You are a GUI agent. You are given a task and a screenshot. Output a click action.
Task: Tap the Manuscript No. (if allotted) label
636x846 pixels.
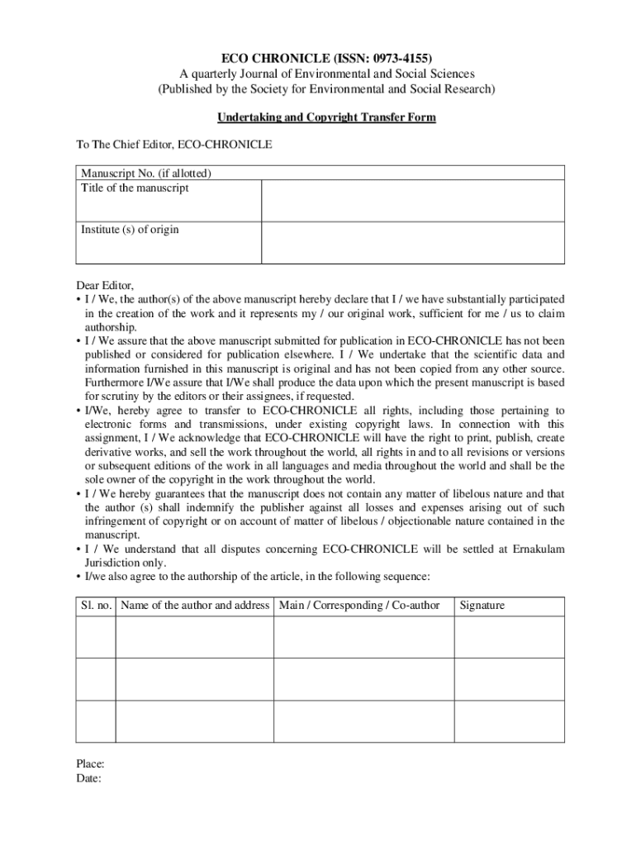[x=146, y=173]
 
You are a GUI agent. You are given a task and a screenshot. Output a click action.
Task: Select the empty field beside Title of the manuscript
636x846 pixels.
[x=413, y=201]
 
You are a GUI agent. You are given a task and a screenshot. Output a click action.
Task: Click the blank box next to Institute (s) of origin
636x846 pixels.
[x=413, y=243]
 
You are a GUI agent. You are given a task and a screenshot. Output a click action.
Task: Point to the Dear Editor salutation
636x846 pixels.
[x=105, y=285]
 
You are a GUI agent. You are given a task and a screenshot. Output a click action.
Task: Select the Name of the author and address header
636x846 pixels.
[x=195, y=606]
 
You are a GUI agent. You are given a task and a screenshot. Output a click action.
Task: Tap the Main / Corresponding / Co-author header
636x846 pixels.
[x=359, y=606]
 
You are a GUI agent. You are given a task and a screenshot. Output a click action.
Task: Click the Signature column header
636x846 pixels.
[x=482, y=606]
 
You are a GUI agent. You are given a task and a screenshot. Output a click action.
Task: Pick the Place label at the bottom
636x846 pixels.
[x=90, y=764]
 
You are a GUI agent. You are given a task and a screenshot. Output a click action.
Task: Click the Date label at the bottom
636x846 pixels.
[x=88, y=778]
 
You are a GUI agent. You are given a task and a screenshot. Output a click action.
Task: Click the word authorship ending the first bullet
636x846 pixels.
[x=111, y=327]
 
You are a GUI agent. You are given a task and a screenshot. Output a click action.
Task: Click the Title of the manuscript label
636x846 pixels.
[x=135, y=188]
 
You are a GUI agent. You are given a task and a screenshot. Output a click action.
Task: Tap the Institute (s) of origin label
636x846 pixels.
[x=130, y=230]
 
